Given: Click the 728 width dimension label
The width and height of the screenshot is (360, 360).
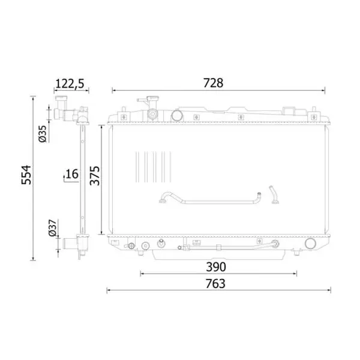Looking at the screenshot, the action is click(x=213, y=83).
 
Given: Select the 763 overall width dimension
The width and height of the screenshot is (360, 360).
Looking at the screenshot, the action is click(x=215, y=284).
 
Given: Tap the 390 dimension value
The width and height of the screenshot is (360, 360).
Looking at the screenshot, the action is click(x=216, y=267).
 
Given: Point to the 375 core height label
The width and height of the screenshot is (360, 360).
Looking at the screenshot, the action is click(x=95, y=176).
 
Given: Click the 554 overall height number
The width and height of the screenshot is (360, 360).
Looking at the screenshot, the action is click(x=26, y=175).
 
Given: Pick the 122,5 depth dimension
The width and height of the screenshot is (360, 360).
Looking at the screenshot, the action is click(x=70, y=83).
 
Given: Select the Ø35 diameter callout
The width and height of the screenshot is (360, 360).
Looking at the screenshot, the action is click(x=43, y=134).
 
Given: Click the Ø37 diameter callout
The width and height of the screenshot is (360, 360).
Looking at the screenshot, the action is click(x=53, y=228).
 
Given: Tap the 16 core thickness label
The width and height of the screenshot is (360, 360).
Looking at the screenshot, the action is click(x=72, y=174).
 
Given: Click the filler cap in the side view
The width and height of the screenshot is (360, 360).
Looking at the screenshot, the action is click(x=61, y=98).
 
